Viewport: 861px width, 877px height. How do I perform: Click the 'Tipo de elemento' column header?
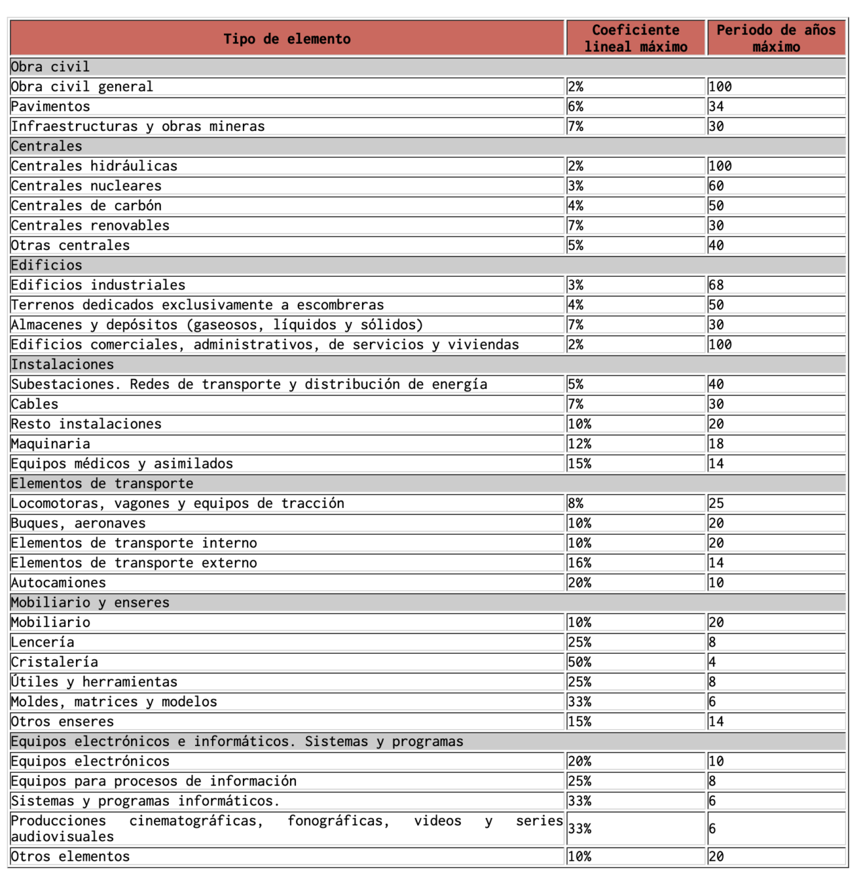(287, 39)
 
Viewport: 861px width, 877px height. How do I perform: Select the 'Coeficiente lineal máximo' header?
(636, 38)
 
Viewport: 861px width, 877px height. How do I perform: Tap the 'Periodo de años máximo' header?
(776, 38)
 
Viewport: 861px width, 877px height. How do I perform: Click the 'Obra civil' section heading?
(50, 67)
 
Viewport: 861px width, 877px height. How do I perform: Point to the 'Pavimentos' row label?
(50, 106)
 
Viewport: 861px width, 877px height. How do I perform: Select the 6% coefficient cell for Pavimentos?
(576, 106)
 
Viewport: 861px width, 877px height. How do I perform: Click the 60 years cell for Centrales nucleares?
(716, 185)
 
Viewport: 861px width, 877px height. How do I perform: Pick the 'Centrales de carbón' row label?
(86, 206)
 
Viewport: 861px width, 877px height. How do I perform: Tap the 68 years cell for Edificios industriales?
(716, 285)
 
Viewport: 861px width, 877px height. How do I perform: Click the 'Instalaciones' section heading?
(63, 364)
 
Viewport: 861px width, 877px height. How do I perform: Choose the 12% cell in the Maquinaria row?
(579, 444)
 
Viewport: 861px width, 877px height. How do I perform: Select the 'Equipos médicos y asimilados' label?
(122, 464)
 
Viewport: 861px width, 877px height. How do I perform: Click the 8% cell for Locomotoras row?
(576, 503)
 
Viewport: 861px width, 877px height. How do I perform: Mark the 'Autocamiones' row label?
(59, 583)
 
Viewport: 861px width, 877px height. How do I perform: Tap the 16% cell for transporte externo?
(579, 562)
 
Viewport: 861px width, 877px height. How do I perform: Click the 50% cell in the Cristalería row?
(579, 662)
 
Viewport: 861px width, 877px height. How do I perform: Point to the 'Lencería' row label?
(42, 642)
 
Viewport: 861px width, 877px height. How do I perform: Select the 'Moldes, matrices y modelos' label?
(114, 702)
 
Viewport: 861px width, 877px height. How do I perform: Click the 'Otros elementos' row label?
(70, 856)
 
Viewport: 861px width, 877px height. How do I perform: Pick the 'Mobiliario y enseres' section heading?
(90, 602)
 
